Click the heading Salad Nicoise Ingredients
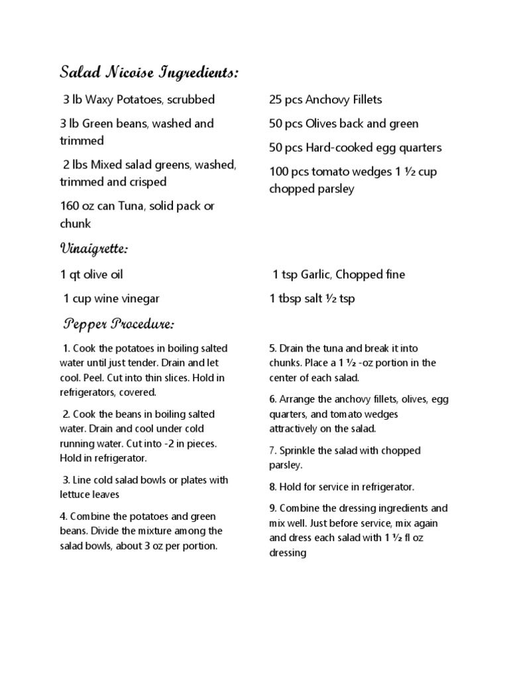click(149, 72)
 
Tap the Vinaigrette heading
click(93, 249)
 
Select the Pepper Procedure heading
click(119, 324)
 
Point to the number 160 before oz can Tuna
click(70, 206)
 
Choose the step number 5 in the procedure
click(272, 348)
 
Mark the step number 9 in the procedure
click(272, 509)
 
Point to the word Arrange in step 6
click(298, 399)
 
